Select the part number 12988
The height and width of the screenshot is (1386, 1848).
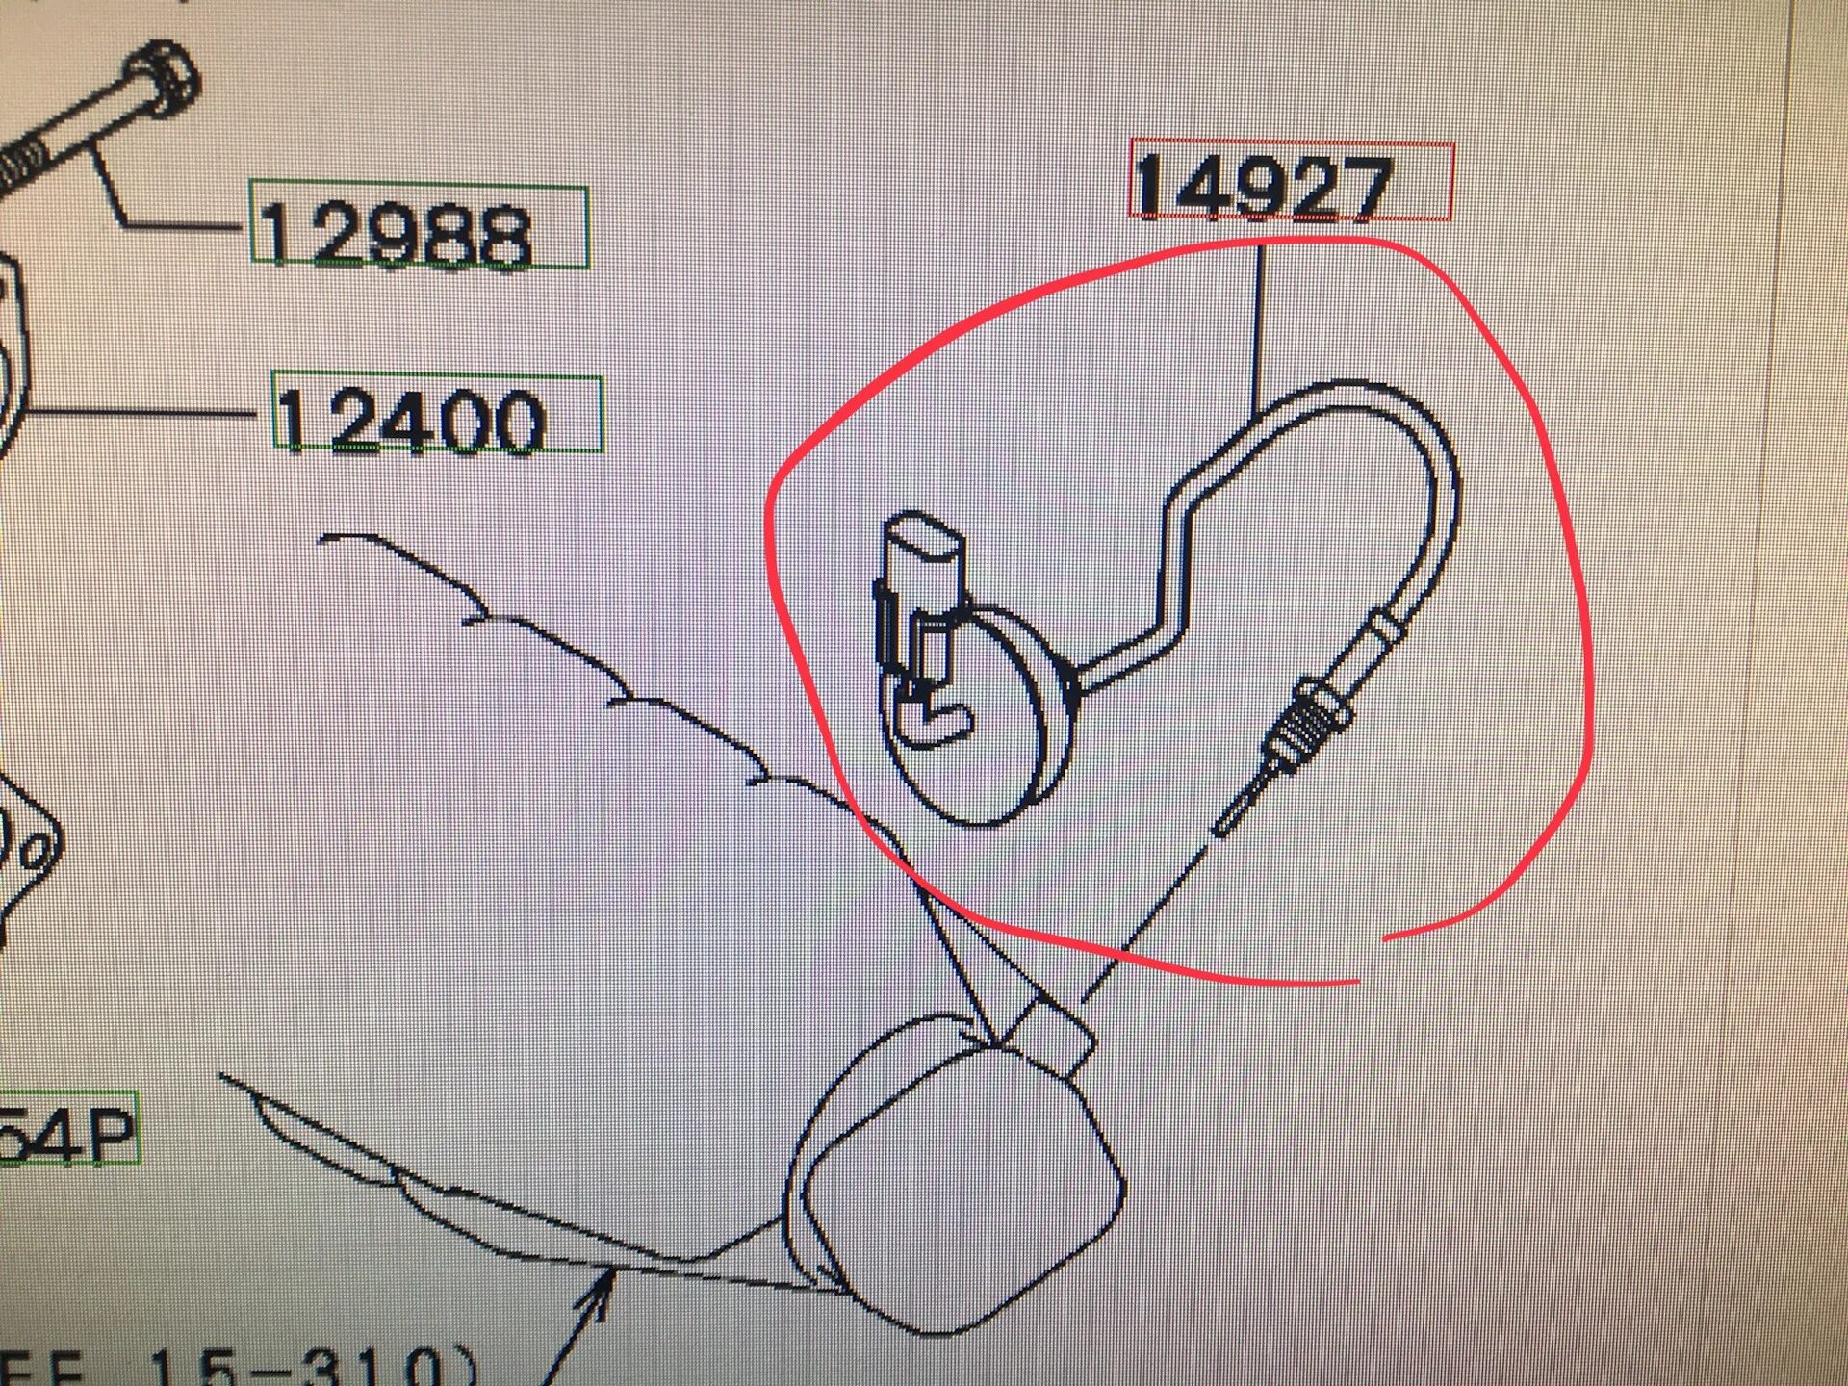coord(395,234)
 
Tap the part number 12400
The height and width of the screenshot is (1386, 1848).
coord(412,421)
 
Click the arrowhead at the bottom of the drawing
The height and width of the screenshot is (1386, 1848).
coord(602,1285)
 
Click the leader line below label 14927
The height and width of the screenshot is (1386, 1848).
coord(1258,327)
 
